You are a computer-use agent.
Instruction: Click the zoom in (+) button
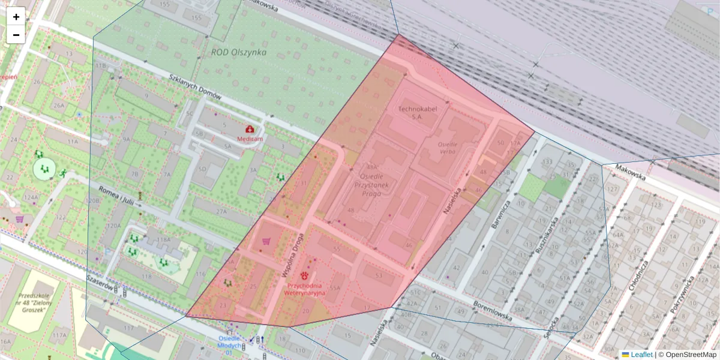point(16,17)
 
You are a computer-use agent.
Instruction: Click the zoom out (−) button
point(16,35)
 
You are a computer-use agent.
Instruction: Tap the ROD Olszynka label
point(238,52)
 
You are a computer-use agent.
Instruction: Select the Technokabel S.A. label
point(418,113)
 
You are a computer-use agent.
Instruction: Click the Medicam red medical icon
point(250,129)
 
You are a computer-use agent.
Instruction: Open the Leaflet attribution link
point(641,355)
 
